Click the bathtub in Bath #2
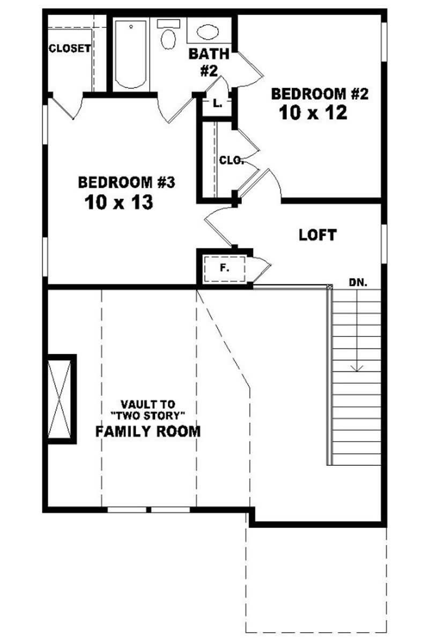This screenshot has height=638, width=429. pyautogui.click(x=130, y=54)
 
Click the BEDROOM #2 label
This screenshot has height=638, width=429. pyautogui.click(x=320, y=94)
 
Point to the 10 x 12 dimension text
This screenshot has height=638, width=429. pyautogui.click(x=313, y=113)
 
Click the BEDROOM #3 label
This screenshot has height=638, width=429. pyautogui.click(x=127, y=182)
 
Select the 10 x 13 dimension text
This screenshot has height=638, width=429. pyautogui.click(x=119, y=202)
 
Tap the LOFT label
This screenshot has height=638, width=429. pyautogui.click(x=317, y=234)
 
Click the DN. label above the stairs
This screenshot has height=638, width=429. pyautogui.click(x=358, y=282)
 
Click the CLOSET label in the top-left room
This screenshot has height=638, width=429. pyautogui.click(x=70, y=48)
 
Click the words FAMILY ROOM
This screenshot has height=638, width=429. pyautogui.click(x=148, y=431)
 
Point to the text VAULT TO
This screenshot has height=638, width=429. pyautogui.click(x=147, y=404)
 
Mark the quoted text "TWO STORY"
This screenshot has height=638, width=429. pyautogui.click(x=148, y=415)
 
